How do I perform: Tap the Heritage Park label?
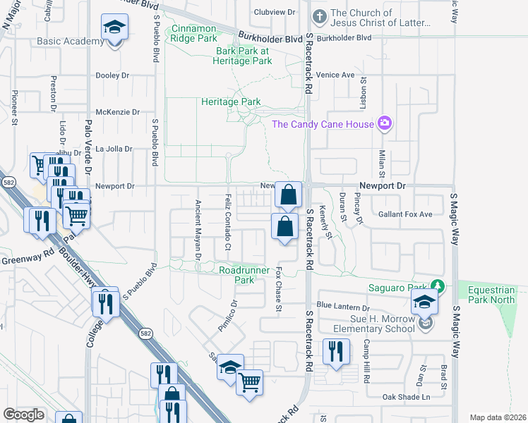[x=231, y=102]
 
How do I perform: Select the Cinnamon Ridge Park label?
[x=193, y=34]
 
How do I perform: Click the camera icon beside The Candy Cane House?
[x=385, y=124]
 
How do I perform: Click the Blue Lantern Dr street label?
[x=343, y=307]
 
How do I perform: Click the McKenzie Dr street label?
[x=118, y=111]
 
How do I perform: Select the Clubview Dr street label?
[x=274, y=13]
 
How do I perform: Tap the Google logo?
[x=23, y=415]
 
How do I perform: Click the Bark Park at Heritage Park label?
[x=244, y=56]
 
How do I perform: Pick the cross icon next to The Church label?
[x=320, y=15]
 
